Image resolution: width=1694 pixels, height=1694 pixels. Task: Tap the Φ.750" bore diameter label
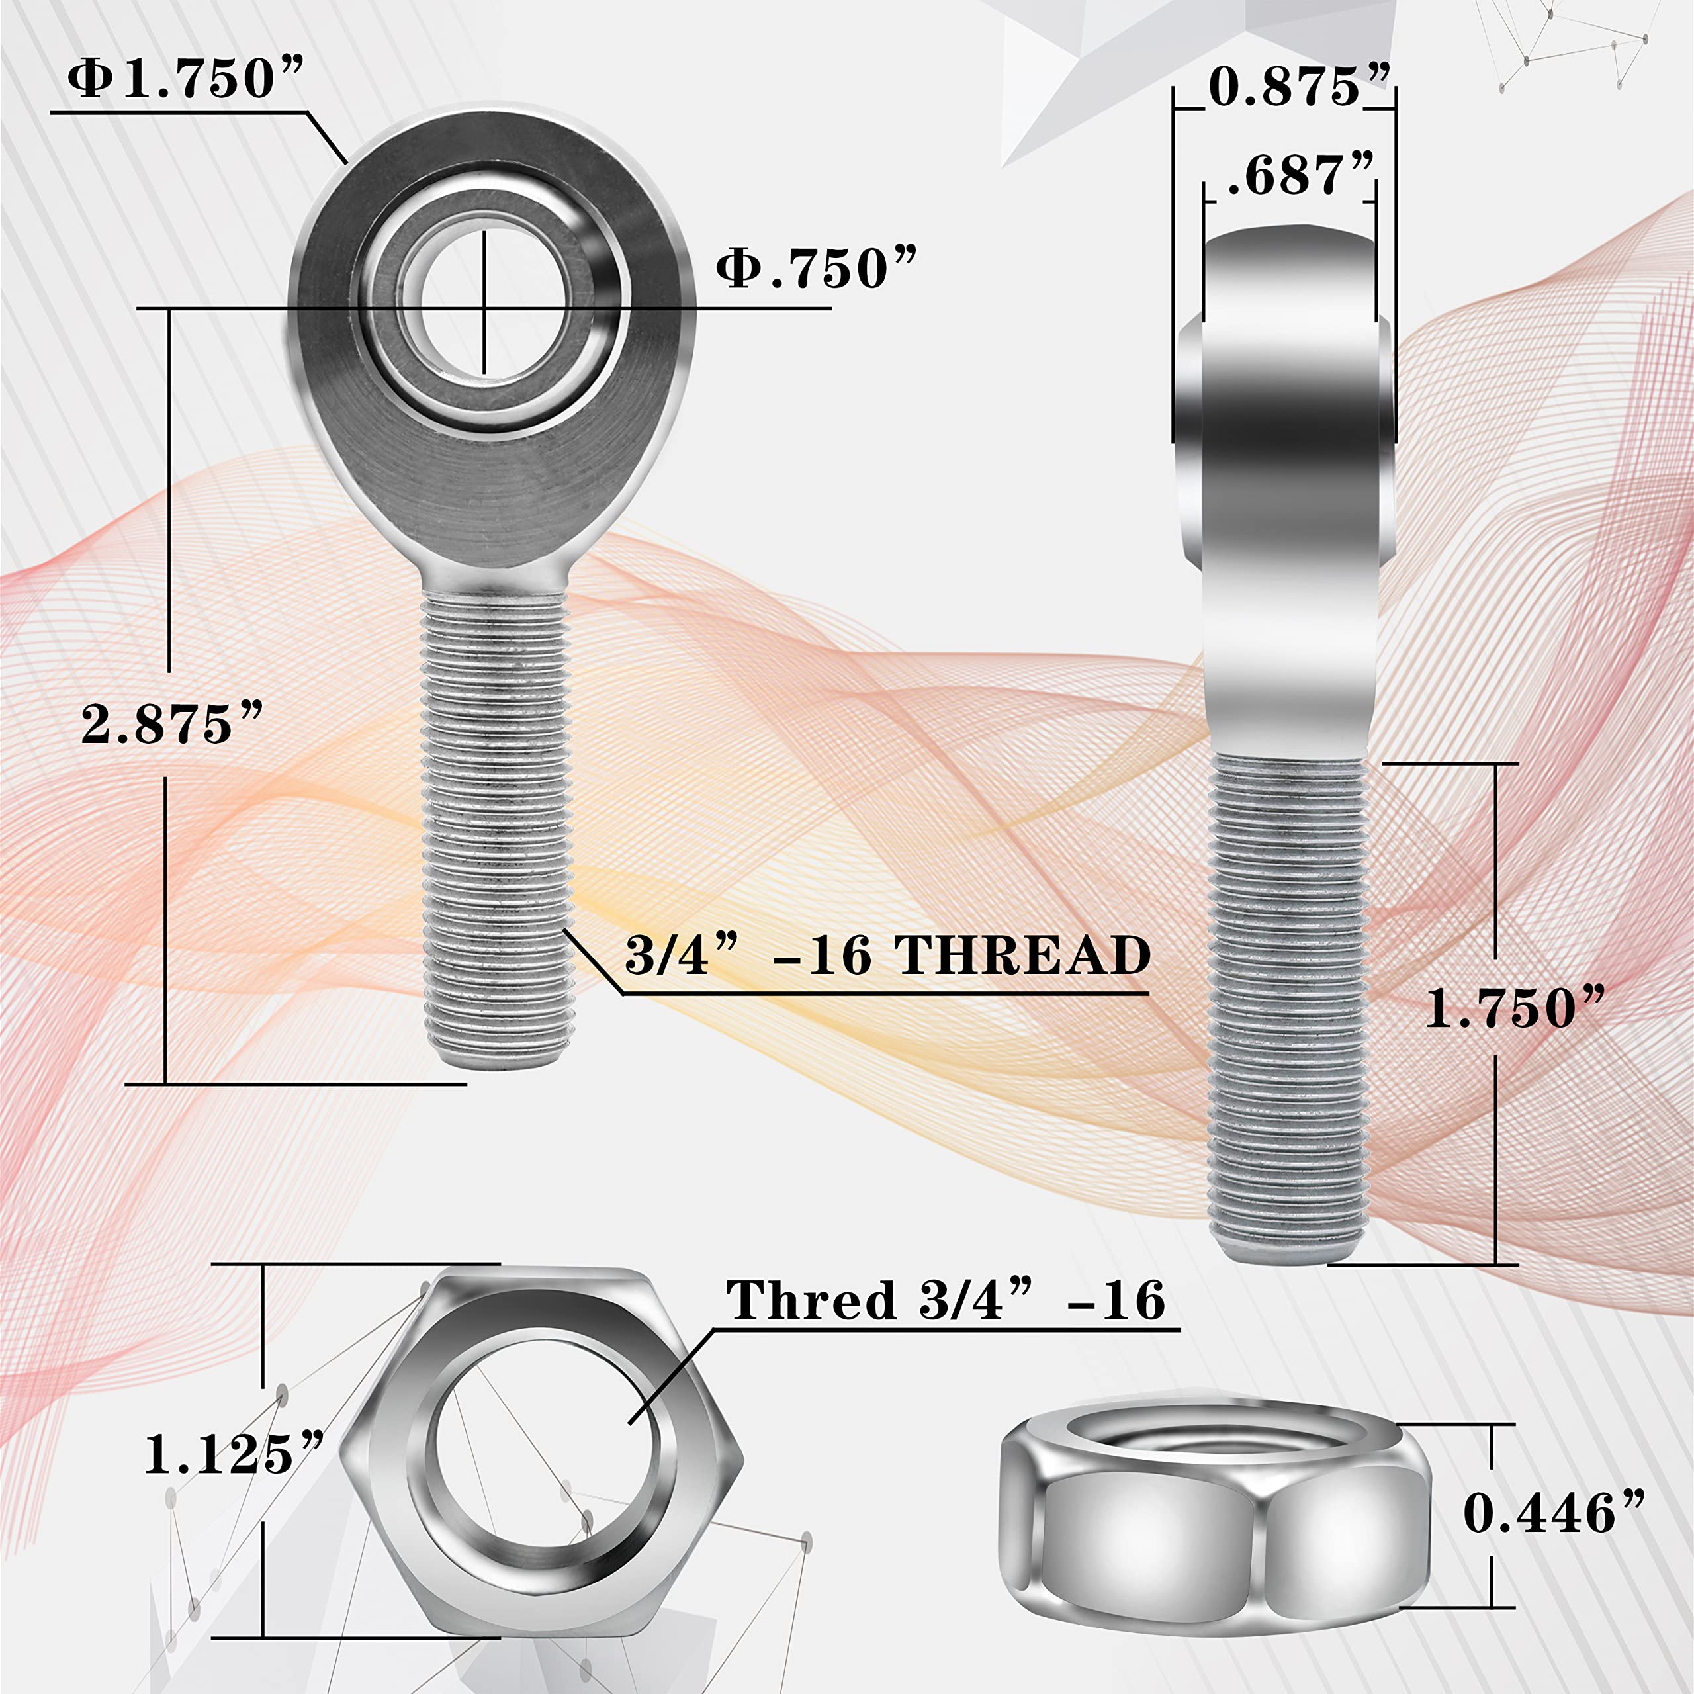coord(815,268)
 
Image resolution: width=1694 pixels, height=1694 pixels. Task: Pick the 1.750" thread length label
coord(1514,1008)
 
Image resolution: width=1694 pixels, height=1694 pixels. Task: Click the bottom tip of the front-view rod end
coord(497,1061)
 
